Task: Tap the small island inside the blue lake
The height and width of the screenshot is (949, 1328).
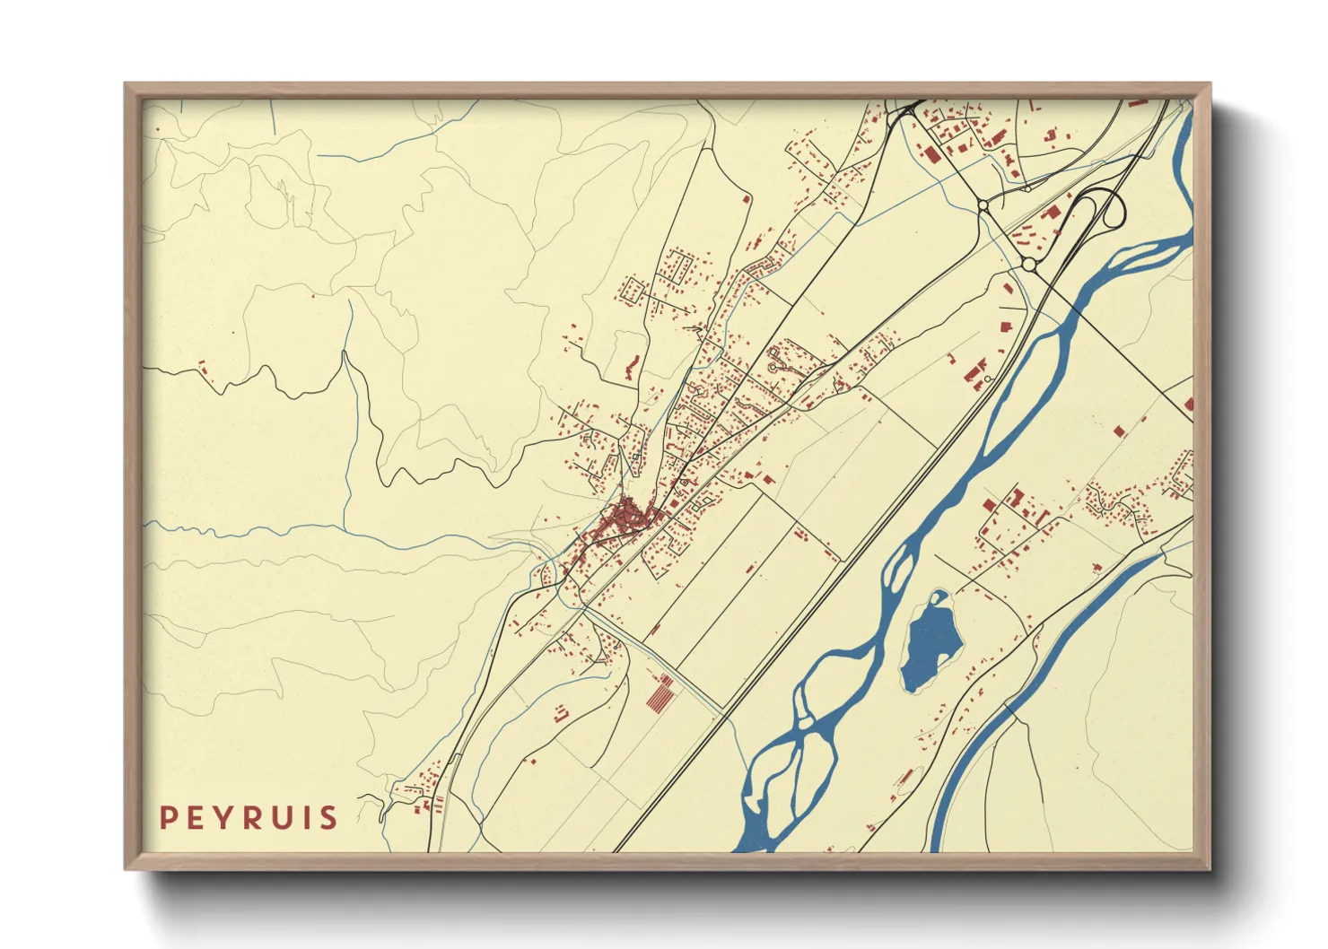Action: (939, 597)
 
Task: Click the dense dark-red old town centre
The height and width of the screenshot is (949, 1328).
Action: (628, 518)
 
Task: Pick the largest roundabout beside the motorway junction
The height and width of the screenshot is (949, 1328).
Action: (1028, 265)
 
